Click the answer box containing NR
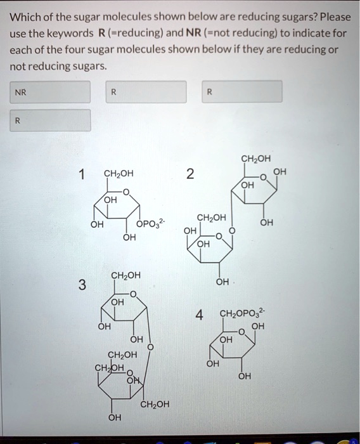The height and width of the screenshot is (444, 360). tap(49, 91)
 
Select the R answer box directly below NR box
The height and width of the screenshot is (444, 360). tap(49, 120)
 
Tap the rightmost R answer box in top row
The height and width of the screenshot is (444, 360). tap(242, 91)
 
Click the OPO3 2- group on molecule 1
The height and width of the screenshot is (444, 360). tap(151, 223)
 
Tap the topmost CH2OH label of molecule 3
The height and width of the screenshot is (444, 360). tap(126, 275)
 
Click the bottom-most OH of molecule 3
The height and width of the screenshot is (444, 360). tap(113, 417)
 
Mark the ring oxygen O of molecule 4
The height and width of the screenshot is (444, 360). tap(241, 331)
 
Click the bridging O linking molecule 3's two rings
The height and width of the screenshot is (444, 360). tap(150, 347)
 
